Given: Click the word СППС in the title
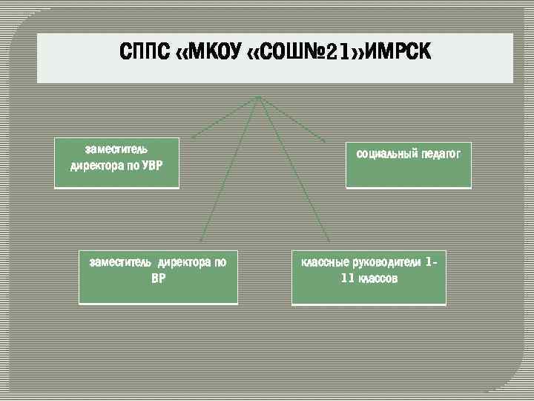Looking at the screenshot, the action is (x=144, y=53).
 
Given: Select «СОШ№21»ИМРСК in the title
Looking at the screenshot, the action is (x=334, y=53).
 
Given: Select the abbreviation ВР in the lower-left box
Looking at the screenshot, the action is (x=158, y=278).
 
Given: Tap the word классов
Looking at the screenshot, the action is (x=378, y=278).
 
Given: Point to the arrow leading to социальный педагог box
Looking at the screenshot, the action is (x=297, y=122).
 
